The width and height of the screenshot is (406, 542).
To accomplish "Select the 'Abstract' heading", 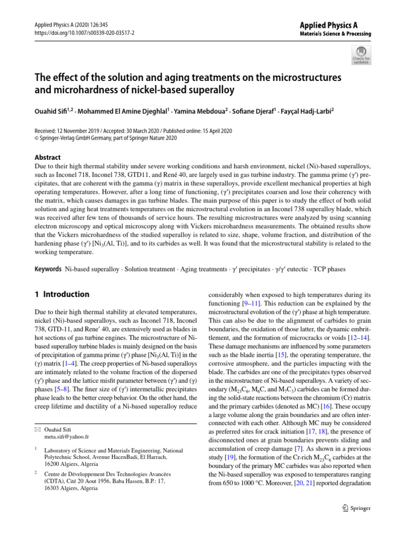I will [47, 157].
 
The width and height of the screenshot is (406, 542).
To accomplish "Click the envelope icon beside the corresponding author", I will [37, 429].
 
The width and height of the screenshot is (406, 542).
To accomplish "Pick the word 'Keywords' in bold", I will [48, 269].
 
